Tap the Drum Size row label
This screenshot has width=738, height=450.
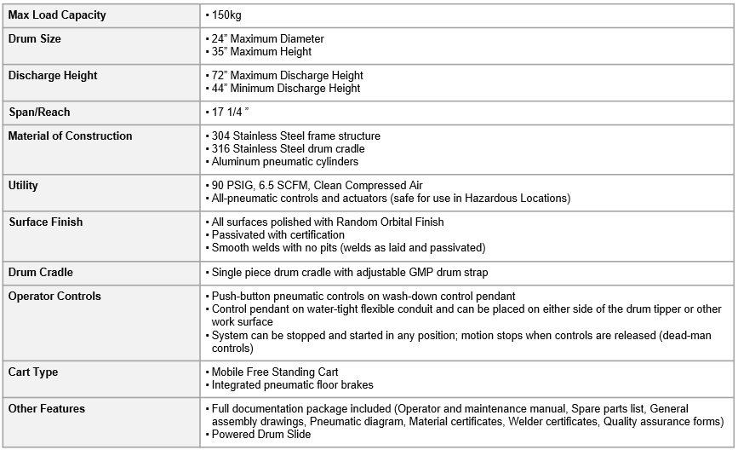coord(35,39)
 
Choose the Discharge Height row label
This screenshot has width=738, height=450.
coord(53,75)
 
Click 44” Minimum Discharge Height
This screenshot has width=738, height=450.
coord(287,88)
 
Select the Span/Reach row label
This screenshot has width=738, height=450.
coord(39,112)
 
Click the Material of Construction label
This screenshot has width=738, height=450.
coord(71,136)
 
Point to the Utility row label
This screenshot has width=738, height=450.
coord(23,185)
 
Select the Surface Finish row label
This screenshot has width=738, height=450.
coord(46,222)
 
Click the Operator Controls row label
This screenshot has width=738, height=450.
coord(54,296)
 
